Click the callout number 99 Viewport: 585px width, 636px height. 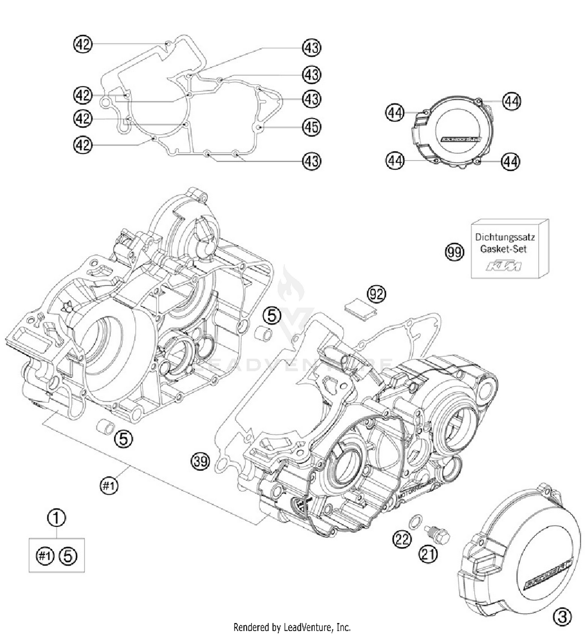455,252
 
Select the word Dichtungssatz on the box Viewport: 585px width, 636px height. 505,237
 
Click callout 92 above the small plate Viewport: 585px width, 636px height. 376,294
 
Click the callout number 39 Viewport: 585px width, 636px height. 200,462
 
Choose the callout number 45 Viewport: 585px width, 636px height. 311,127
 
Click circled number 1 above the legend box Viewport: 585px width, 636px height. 57,518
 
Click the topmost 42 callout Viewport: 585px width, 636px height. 83,44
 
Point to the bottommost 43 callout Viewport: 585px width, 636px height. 311,161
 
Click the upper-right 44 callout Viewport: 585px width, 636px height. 512,101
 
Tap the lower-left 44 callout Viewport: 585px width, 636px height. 395,160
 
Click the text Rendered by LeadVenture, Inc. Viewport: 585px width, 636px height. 292,627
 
